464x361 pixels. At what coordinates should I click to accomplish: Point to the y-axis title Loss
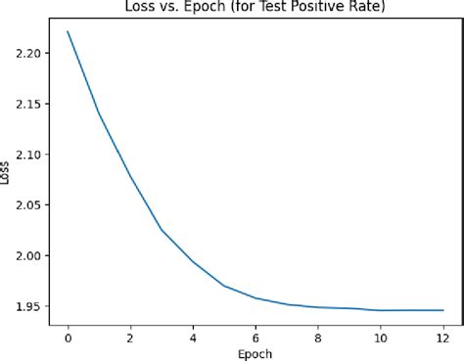point(8,172)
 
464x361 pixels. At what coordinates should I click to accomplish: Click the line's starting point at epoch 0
point(68,31)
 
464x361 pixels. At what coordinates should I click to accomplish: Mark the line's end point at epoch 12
point(443,310)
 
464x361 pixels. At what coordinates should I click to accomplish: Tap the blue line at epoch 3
point(162,230)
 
